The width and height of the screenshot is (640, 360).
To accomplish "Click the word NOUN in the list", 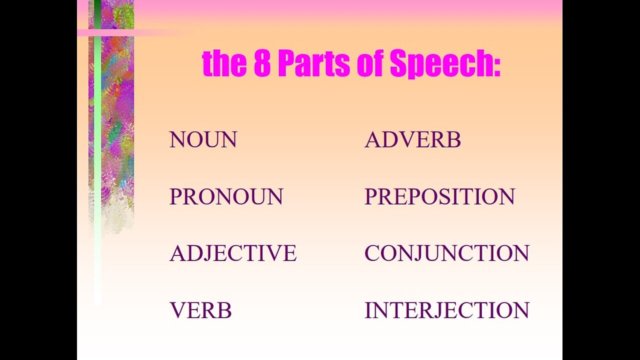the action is (203, 139).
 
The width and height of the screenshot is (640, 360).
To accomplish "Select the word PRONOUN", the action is (226, 196).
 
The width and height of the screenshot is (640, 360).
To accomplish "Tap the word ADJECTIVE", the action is (233, 253).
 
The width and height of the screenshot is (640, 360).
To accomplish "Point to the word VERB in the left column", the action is (200, 310).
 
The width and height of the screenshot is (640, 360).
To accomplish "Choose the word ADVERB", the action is (412, 139).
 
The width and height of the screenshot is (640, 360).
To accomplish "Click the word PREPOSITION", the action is (439, 196).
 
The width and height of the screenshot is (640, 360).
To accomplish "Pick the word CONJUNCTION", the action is (447, 253).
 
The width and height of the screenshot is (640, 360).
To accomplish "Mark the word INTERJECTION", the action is (447, 310).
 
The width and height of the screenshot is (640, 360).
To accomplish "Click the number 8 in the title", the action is (262, 63).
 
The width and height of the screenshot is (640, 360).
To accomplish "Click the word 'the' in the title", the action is (224, 63).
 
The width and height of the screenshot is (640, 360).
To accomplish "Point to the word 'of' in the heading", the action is (369, 63).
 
